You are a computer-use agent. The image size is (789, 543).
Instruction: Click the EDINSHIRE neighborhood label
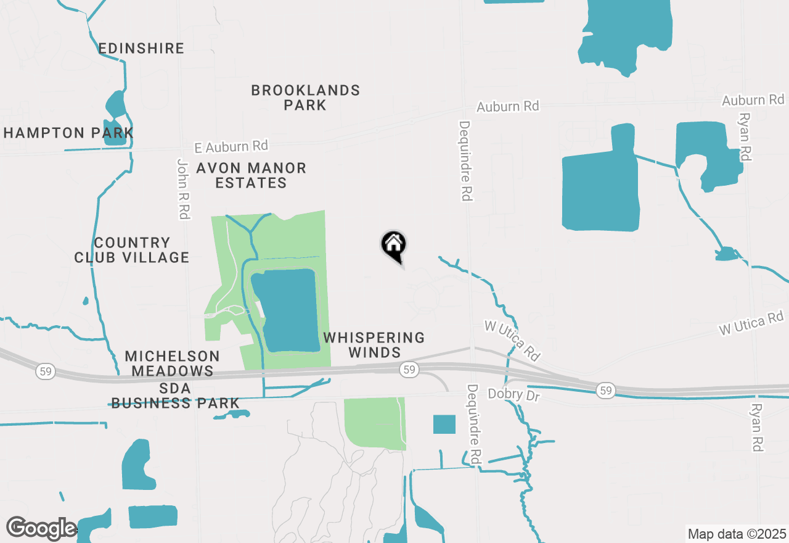[x=141, y=48]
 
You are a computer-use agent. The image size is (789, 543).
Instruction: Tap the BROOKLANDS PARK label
[x=305, y=97]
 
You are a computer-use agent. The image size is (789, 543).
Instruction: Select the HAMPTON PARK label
[x=68, y=133]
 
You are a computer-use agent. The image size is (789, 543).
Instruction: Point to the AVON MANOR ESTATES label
[x=251, y=175]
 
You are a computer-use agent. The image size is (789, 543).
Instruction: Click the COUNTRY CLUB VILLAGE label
[x=132, y=250]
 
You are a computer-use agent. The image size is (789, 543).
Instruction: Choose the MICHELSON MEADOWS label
[x=172, y=363]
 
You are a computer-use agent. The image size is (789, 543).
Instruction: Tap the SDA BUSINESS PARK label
[x=175, y=396]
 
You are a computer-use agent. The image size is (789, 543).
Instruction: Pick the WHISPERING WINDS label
[x=374, y=345]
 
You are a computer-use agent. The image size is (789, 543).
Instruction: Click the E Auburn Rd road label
[x=231, y=147]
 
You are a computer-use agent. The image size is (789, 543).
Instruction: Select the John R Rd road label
[x=183, y=189]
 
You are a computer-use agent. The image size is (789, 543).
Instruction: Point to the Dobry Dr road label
[x=513, y=394]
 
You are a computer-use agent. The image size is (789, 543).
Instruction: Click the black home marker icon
[x=393, y=246]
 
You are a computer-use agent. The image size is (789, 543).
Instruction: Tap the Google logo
[x=41, y=529]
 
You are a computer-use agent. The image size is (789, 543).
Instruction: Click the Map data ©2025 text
[x=737, y=534]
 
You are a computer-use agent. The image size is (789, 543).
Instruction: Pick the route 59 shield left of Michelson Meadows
[x=44, y=371]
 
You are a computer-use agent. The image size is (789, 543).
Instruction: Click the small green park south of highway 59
[x=374, y=423]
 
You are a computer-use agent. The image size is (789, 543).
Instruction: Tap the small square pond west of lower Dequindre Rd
[x=444, y=424]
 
